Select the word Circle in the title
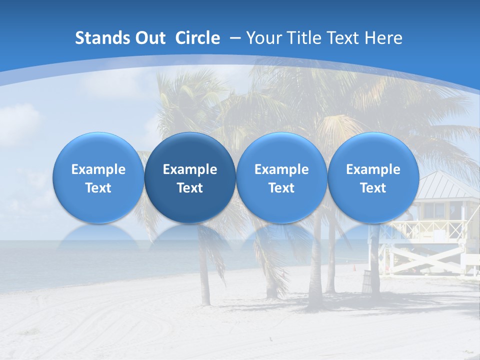[x=197, y=38]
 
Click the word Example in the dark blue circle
[x=190, y=169]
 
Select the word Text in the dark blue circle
[x=190, y=188]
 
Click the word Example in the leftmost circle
[x=98, y=169]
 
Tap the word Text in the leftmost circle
[x=98, y=188]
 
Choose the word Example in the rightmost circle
[x=373, y=169]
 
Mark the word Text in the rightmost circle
[x=373, y=188]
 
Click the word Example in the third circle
[x=281, y=169]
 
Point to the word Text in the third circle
[x=281, y=188]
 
